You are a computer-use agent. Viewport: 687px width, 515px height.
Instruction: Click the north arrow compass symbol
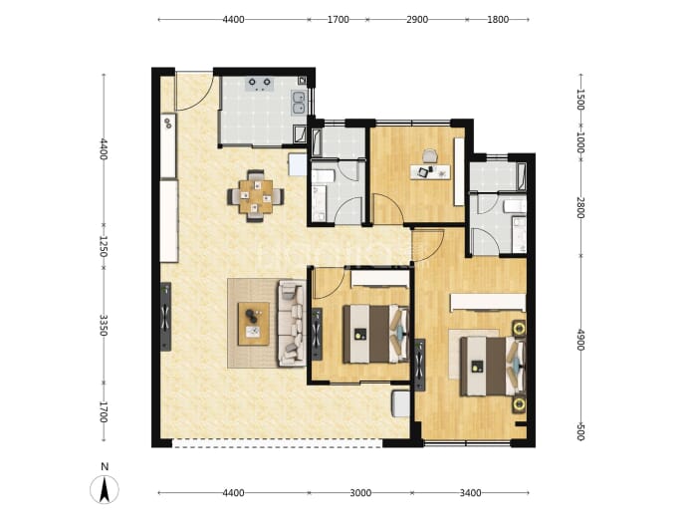pyautogui.click(x=105, y=489)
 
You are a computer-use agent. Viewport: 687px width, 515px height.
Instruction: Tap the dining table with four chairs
pyautogui.click(x=256, y=196)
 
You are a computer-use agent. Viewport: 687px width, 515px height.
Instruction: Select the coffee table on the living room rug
pyautogui.click(x=253, y=324)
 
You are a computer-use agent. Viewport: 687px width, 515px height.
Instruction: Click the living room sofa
pyautogui.click(x=292, y=324)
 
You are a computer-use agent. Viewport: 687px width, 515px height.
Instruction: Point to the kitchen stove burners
pyautogui.click(x=260, y=84)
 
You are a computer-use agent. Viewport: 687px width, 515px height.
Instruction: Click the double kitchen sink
pyautogui.click(x=299, y=103)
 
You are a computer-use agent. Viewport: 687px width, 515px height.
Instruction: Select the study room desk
pyautogui.click(x=430, y=171)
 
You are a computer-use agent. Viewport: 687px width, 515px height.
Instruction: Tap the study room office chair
pyautogui.click(x=430, y=156)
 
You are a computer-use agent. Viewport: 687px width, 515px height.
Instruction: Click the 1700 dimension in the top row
pyautogui.click(x=339, y=20)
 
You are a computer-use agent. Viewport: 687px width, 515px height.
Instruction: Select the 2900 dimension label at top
pyautogui.click(x=417, y=20)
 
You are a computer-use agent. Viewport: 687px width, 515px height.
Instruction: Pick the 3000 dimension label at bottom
pyautogui.click(x=360, y=493)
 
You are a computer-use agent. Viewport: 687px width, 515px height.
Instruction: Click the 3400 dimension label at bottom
pyautogui.click(x=470, y=493)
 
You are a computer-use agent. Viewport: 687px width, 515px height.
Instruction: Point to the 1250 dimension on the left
pyautogui.click(x=104, y=246)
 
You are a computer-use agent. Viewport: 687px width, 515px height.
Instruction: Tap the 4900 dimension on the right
pyautogui.click(x=580, y=340)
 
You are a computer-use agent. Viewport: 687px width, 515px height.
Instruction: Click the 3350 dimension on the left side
pyautogui.click(x=104, y=325)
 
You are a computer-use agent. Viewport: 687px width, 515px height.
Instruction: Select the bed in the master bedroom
pyautogui.click(x=493, y=366)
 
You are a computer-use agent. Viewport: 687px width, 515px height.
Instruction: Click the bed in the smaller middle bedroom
pyautogui.click(x=376, y=334)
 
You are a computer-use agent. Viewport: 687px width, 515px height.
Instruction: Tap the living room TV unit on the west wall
pyautogui.click(x=165, y=317)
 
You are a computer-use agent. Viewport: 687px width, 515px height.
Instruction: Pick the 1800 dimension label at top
pyautogui.click(x=498, y=20)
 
